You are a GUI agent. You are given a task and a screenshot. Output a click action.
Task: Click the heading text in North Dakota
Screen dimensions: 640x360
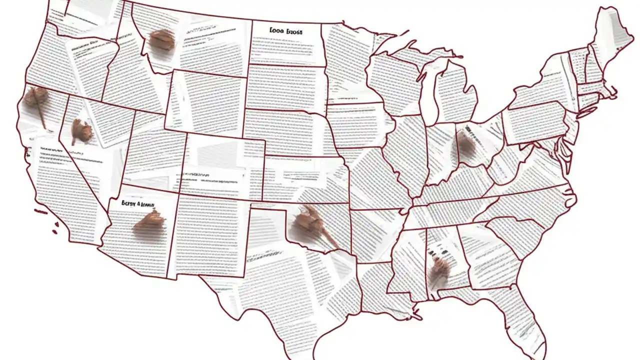(286, 31)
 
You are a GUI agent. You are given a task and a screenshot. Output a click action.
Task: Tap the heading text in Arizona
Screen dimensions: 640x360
(138, 204)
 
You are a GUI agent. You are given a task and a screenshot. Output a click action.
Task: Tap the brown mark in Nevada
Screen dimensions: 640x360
(81, 130)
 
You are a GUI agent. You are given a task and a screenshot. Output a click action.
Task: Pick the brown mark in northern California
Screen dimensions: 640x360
(36, 97)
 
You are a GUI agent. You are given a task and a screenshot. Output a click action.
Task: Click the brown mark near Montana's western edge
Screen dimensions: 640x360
(161, 40)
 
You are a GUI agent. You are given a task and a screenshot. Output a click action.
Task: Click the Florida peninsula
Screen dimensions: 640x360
(525, 320)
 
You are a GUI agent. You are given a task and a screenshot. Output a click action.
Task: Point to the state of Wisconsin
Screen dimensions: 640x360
(395, 75)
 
